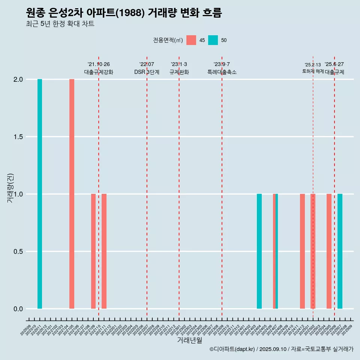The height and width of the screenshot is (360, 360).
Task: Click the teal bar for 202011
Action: (40, 194)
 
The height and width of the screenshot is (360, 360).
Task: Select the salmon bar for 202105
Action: (72, 194)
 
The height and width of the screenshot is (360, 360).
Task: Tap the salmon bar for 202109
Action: (93, 251)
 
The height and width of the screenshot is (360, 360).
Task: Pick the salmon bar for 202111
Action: (104, 251)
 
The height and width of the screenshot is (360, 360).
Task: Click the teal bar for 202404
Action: (259, 251)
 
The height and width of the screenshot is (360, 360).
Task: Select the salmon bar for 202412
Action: (302, 251)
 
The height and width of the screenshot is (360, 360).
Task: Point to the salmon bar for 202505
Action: (329, 251)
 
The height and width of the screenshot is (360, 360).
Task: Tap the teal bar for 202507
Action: (340, 251)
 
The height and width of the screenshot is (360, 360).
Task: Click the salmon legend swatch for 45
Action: (191, 40)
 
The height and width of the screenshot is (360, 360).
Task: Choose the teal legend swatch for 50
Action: (213, 40)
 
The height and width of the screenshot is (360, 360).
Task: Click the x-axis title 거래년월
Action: (189, 340)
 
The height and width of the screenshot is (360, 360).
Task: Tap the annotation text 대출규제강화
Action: (99, 72)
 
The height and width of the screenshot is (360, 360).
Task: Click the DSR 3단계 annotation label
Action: (147, 72)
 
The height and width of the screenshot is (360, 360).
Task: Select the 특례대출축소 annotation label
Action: (222, 72)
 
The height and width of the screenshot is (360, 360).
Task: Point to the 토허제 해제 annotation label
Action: (313, 71)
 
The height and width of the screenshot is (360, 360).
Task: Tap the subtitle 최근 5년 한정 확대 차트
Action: (60, 24)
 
